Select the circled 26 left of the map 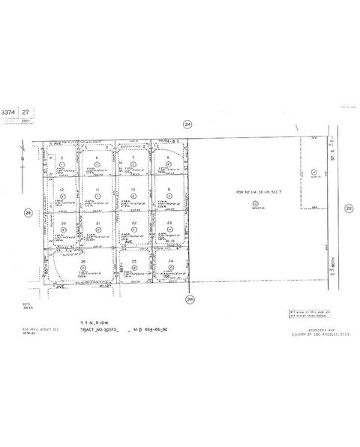point(28,212)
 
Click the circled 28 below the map point(190,299)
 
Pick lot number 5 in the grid point(63,157)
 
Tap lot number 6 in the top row point(98,157)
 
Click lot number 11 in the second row point(98,190)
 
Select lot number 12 point(63,190)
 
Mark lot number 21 point(98,223)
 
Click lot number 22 point(133,223)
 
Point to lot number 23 point(169,223)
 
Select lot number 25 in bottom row point(133,261)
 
